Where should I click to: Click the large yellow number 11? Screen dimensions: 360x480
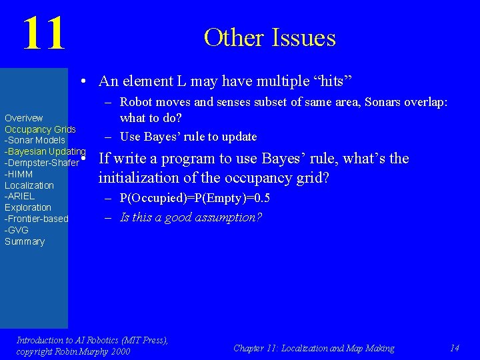[x=44, y=34]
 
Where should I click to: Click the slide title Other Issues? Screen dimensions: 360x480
[x=269, y=37]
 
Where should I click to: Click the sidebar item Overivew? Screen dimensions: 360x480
[x=24, y=118]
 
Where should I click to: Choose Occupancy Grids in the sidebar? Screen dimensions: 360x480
[x=40, y=129]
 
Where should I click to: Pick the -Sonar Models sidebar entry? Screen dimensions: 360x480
[x=35, y=140]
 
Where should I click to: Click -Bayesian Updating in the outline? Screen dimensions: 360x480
[x=45, y=151]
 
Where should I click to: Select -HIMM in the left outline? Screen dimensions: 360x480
[x=19, y=174]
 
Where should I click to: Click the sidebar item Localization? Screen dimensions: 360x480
[x=29, y=185]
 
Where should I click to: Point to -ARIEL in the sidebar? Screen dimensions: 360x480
[x=20, y=196]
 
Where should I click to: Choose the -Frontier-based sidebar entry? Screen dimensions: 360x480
[x=37, y=219]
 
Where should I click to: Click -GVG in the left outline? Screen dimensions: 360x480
[x=17, y=230]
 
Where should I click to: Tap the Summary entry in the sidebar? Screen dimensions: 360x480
[x=25, y=241]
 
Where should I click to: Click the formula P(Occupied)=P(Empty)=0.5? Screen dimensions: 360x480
[x=195, y=198]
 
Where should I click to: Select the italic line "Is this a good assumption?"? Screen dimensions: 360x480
[x=191, y=217]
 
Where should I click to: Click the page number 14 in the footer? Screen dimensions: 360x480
[x=455, y=348]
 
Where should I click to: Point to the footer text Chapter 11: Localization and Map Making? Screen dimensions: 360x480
[x=313, y=348]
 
